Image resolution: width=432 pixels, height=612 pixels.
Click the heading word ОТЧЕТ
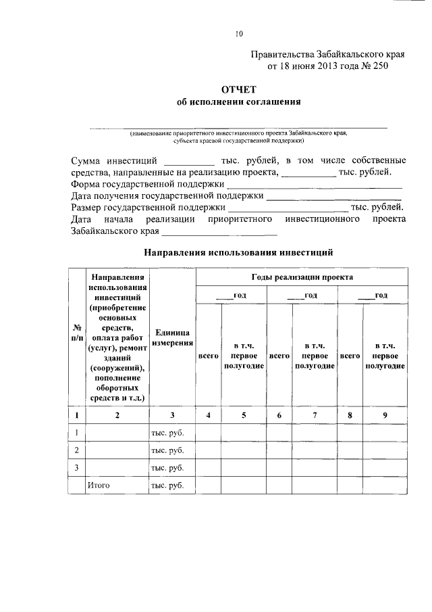point(238,89)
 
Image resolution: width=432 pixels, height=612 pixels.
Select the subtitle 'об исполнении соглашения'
point(238,102)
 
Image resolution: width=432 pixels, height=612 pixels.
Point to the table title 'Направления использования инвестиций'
point(238,254)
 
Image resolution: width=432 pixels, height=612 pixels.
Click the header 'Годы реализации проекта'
point(301,277)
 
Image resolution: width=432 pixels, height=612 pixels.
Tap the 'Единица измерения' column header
point(172,338)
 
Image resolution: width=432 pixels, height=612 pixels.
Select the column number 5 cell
point(244,415)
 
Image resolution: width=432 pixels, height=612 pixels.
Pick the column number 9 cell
point(385,415)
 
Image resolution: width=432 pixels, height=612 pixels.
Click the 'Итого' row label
point(99,486)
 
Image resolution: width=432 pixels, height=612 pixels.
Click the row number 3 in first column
point(77,468)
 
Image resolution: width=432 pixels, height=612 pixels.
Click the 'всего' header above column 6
point(279,355)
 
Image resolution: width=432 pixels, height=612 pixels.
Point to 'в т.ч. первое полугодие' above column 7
point(315,355)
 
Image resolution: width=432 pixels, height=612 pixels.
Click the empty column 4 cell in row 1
point(208,433)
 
